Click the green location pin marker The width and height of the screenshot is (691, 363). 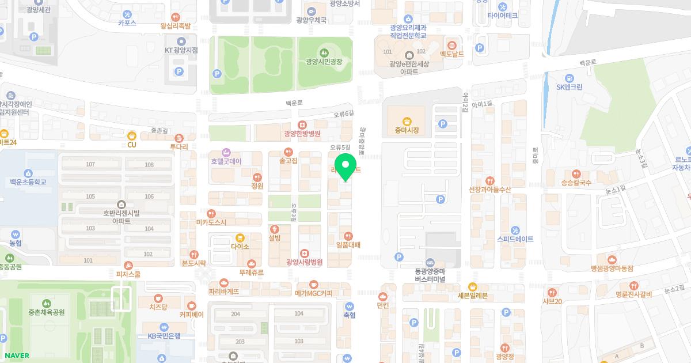click(x=345, y=167)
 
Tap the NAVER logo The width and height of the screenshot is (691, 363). click(x=16, y=356)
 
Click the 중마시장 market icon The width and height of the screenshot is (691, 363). click(x=407, y=121)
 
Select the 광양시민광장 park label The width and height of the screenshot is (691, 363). click(x=324, y=61)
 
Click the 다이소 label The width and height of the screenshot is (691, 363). click(x=240, y=247)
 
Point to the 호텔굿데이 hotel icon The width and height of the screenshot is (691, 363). click(x=226, y=152)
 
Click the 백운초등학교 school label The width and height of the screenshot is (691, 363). click(x=28, y=182)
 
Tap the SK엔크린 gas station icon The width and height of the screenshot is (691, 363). click(x=569, y=78)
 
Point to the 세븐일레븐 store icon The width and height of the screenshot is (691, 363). click(x=472, y=286)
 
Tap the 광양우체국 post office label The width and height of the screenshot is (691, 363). click(x=312, y=20)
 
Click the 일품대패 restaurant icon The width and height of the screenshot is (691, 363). click(x=348, y=236)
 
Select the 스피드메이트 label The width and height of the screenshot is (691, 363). click(x=515, y=239)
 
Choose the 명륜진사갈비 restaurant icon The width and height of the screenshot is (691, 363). click(x=633, y=285)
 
